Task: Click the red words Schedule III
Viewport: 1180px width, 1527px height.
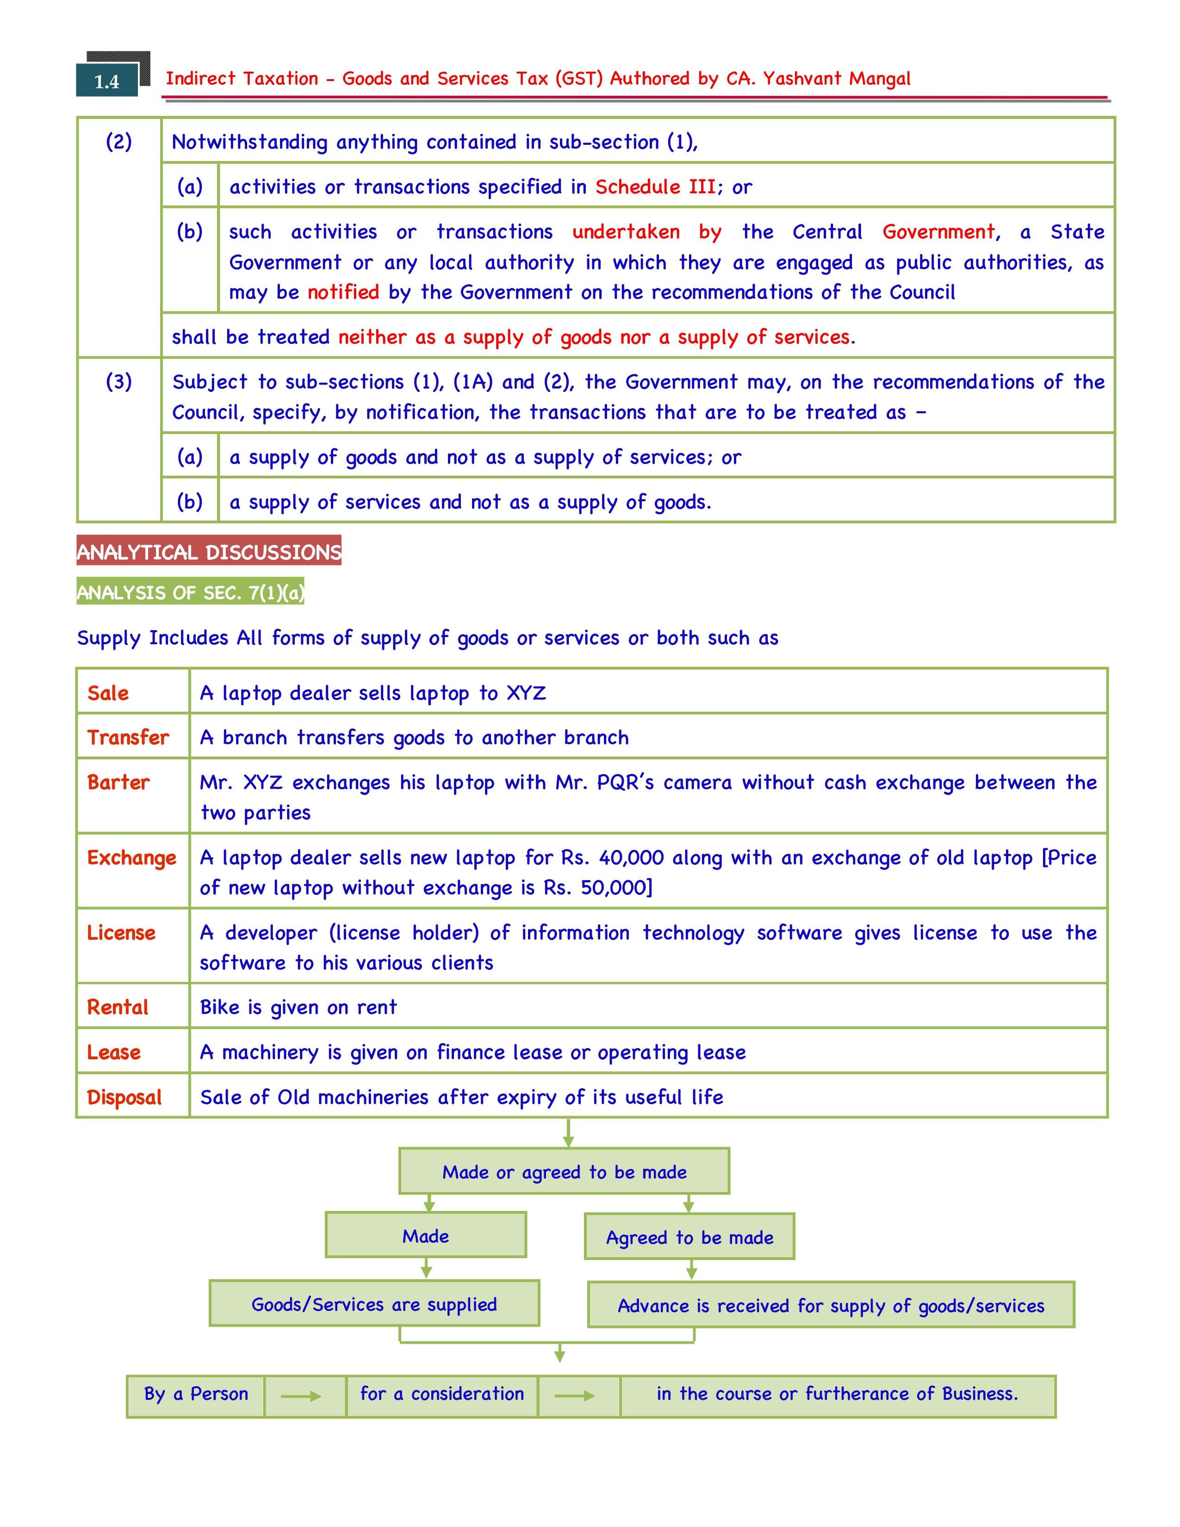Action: [x=655, y=186]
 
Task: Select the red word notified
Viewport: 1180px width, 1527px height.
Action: [x=343, y=292]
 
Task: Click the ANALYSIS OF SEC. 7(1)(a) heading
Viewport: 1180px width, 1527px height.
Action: [x=190, y=593]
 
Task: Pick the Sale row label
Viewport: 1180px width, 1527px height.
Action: [x=108, y=693]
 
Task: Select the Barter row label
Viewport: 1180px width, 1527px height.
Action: [x=118, y=782]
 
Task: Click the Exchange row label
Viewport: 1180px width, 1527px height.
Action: [x=131, y=858]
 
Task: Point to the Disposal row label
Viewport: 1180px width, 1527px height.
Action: [x=124, y=1097]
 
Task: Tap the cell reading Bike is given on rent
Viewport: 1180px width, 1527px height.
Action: [x=298, y=1007]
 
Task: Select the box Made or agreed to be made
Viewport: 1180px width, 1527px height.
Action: [x=564, y=1172]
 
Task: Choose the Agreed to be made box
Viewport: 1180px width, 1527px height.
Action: [x=689, y=1237]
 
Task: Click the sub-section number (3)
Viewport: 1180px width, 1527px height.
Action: [x=119, y=382]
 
